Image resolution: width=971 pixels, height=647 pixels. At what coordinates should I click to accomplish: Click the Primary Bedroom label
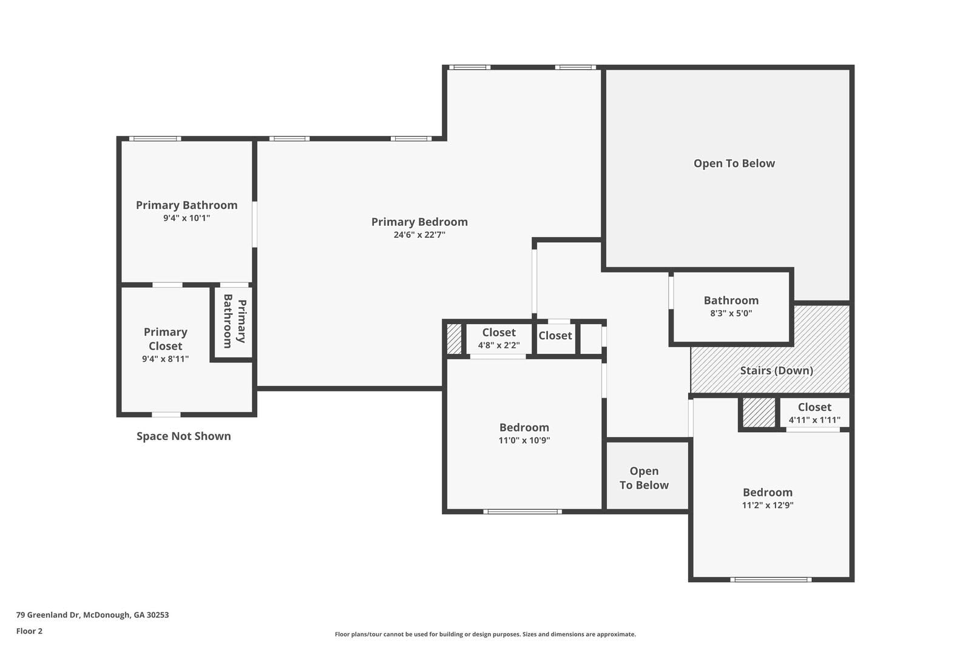(419, 222)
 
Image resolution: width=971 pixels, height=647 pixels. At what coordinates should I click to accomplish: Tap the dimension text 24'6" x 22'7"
(419, 235)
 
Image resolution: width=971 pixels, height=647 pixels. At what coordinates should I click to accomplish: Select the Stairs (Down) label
(776, 370)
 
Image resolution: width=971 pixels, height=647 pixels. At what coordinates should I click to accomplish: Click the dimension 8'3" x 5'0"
(731, 313)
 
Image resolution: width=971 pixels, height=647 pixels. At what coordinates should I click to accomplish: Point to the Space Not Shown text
(183, 436)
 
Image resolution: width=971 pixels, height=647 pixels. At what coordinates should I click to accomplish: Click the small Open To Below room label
(644, 478)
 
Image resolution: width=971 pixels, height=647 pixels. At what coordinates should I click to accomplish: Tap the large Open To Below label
(734, 163)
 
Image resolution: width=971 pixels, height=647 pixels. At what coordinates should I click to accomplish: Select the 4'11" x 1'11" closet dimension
(814, 420)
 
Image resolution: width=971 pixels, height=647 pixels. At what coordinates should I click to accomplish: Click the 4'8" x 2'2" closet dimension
(498, 345)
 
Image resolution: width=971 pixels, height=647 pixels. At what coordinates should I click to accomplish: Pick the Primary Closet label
(165, 339)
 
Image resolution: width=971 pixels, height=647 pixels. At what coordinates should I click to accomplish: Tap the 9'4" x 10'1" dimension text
(186, 218)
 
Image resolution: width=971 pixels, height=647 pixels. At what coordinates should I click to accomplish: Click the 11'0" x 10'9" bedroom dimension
(524, 441)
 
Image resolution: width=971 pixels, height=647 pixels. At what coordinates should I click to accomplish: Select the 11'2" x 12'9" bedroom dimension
(767, 505)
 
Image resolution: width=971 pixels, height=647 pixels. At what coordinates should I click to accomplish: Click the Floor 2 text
(29, 631)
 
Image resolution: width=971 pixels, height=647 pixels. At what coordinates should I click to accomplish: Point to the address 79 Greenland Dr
(92, 614)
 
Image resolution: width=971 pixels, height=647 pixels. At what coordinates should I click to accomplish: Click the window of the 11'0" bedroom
(522, 512)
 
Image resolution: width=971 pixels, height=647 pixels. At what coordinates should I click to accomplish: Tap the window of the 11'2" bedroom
(770, 580)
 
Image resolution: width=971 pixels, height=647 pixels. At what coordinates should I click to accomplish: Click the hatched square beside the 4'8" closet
(454, 339)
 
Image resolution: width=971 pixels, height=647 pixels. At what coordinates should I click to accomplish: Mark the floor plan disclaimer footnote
(485, 634)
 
